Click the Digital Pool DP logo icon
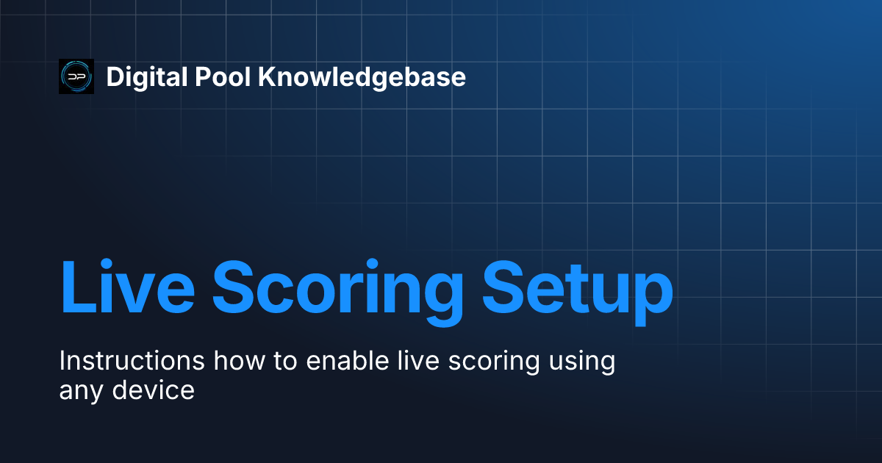coord(76,76)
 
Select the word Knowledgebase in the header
coord(362,77)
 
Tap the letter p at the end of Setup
coord(651,294)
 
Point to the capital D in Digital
coord(114,77)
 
